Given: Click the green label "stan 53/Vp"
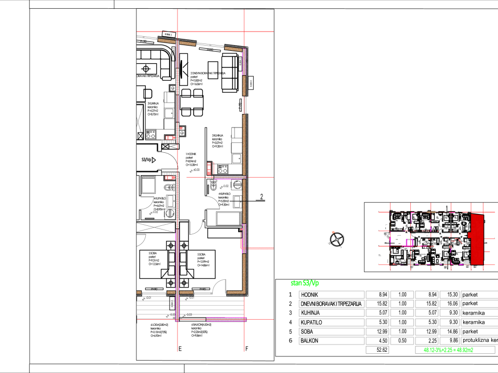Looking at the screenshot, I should (x=305, y=283).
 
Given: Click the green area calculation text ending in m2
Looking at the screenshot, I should (x=448, y=350).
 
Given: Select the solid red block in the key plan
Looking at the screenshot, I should (x=477, y=239).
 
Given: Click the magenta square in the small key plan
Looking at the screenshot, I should (x=409, y=242).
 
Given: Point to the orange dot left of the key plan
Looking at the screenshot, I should (x=333, y=232).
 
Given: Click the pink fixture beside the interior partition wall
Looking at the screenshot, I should (x=210, y=168).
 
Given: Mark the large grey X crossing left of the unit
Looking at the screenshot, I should (x=156, y=227).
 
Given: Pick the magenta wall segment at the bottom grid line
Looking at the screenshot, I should (x=226, y=319).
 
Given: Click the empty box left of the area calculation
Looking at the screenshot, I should (x=377, y=350).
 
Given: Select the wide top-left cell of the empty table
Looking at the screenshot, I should (x=331, y=295).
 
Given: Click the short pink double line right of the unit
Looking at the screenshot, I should (x=260, y=249).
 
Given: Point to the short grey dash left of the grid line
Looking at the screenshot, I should (x=148, y=178).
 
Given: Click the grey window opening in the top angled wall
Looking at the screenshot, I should (x=210, y=46).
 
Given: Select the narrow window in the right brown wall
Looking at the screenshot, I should (x=245, y=105).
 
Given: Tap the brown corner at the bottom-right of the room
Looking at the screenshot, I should (x=243, y=292).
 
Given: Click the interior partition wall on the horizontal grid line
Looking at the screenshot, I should (x=229, y=177).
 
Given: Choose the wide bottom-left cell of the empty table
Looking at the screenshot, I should (x=331, y=341).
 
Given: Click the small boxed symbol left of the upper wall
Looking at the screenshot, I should (x=173, y=89).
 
